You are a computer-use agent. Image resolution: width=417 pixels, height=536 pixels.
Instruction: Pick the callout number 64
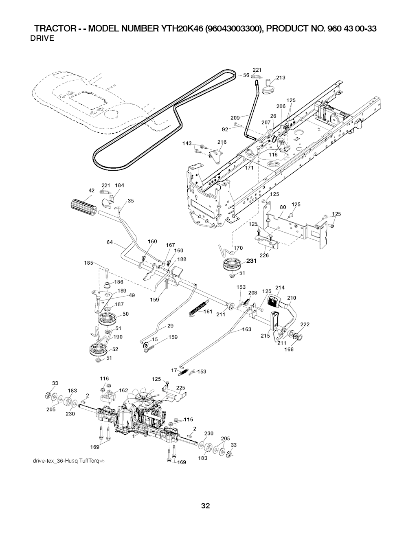[x=110, y=242]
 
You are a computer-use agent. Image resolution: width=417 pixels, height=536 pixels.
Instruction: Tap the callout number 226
[x=264, y=256]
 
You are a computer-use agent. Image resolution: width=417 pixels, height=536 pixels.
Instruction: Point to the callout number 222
[x=305, y=324]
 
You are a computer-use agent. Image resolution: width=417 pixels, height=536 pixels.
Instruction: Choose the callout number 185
[x=89, y=263]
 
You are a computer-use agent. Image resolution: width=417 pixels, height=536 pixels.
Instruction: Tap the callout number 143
[x=187, y=143]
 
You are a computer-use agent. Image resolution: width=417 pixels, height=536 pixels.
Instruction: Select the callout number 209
[x=235, y=118]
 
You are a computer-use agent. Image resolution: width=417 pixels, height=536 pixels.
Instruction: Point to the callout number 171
[x=249, y=167]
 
